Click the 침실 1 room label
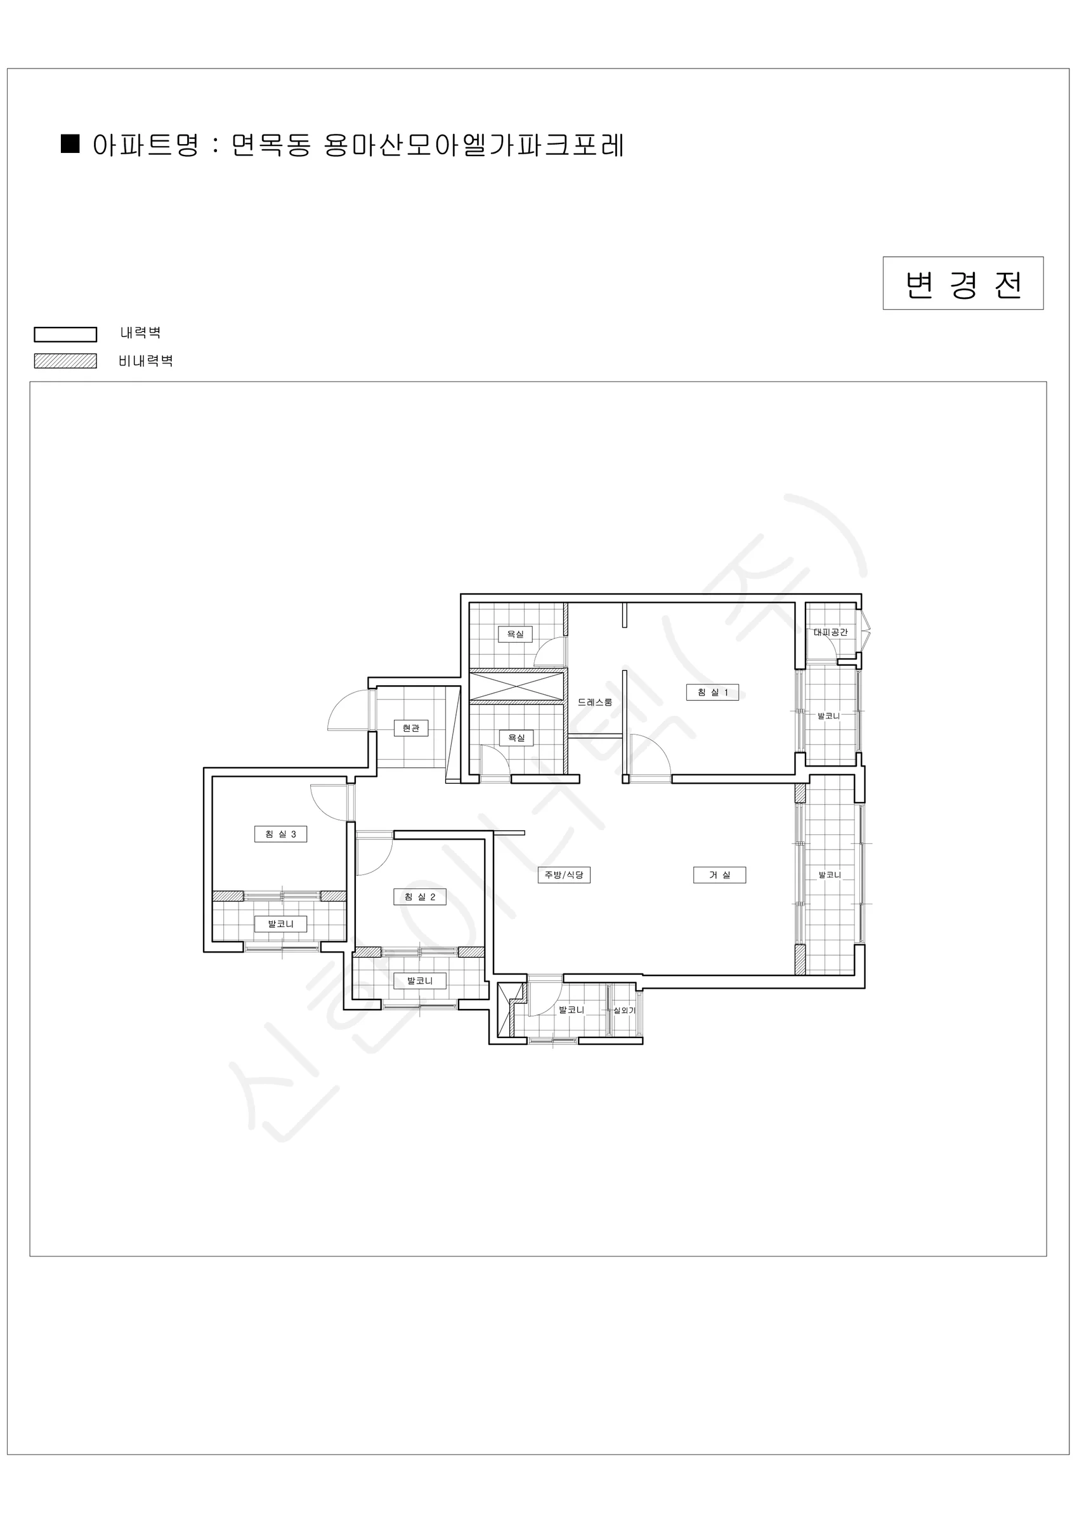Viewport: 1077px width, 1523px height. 712,692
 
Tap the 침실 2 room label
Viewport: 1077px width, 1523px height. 420,897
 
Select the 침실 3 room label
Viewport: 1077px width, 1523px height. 280,834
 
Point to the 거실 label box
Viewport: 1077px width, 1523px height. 719,875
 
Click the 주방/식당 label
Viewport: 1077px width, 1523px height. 564,875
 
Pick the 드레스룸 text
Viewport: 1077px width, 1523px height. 595,702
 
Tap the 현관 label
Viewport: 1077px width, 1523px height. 411,728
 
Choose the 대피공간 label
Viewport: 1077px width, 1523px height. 831,632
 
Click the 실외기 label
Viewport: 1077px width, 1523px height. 624,1010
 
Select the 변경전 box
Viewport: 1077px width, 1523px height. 963,283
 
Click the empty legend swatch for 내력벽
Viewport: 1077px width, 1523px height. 66,334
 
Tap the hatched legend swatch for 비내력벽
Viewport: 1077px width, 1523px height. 66,361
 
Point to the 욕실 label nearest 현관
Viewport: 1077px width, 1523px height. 516,737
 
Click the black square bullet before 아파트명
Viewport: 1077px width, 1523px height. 70,143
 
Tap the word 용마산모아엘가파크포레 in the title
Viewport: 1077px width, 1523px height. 474,145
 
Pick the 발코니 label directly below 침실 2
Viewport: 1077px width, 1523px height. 420,980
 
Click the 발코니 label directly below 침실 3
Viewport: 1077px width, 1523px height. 280,923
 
